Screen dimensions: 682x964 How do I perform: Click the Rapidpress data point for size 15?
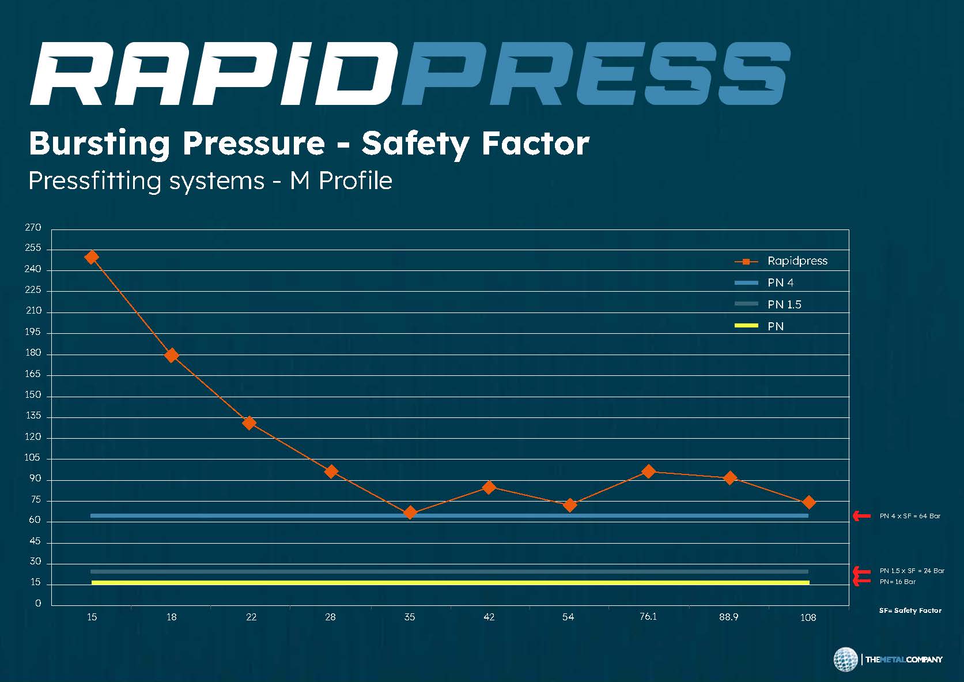[92, 257]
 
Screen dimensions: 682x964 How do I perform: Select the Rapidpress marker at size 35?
[410, 513]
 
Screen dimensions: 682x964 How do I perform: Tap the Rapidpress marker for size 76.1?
[649, 472]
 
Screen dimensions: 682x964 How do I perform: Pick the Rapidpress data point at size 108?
[808, 502]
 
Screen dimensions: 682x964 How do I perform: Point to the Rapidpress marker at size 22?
[249, 423]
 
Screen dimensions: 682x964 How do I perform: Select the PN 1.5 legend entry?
[784, 304]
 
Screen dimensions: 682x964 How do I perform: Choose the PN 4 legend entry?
[780, 282]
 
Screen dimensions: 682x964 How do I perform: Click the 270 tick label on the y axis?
[33, 228]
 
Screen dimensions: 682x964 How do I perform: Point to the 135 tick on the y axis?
[33, 416]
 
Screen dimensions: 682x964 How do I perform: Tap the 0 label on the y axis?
[38, 604]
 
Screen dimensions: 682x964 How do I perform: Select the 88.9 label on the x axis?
[728, 617]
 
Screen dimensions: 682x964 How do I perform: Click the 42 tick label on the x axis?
[489, 617]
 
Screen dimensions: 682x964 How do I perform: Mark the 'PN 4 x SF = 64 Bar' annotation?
[910, 516]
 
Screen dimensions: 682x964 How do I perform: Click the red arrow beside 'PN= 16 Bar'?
[862, 581]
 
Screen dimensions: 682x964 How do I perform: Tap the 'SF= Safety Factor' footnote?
[910, 610]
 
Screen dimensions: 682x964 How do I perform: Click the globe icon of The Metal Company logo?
[845, 660]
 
